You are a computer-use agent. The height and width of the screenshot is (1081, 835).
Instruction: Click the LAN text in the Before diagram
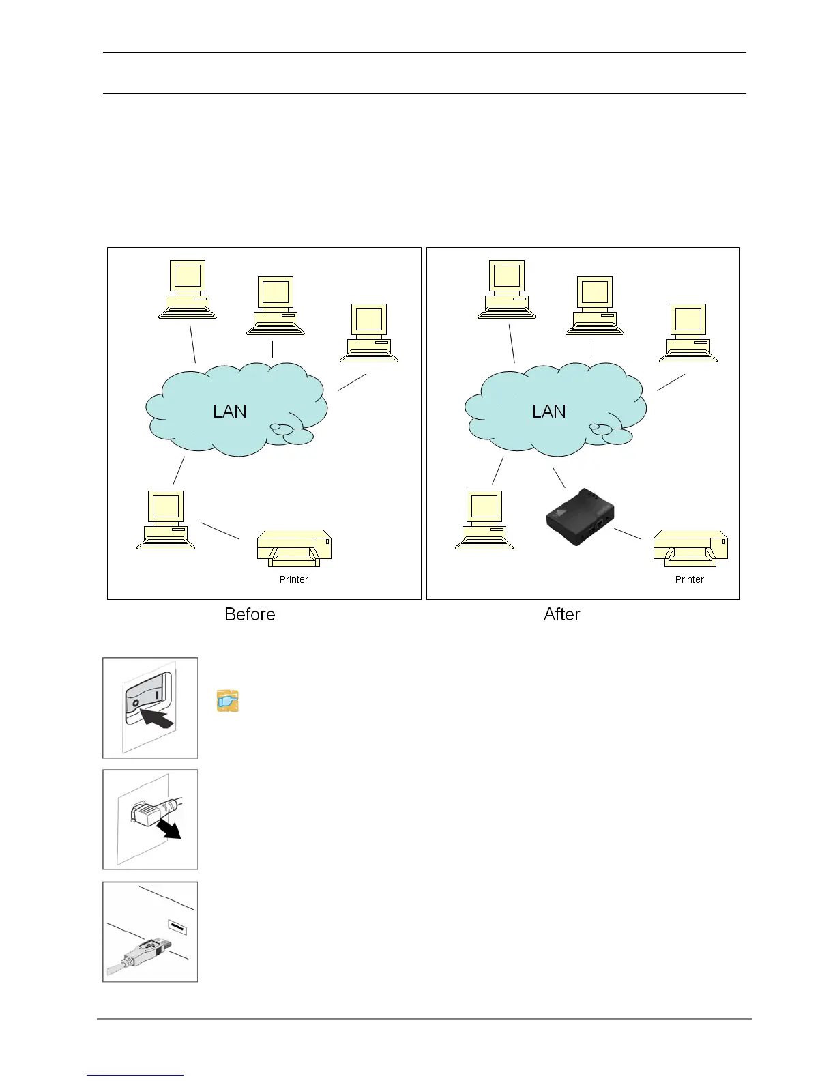coord(230,412)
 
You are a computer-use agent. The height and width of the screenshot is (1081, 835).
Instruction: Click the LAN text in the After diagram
coord(549,412)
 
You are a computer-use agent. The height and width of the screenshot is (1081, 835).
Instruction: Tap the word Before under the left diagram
coord(250,614)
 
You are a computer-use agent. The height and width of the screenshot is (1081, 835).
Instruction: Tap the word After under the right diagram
coord(561,614)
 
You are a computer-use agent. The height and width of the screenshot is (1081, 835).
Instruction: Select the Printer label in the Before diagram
coord(294,579)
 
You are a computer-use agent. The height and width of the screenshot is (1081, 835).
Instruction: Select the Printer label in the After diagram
coord(689,579)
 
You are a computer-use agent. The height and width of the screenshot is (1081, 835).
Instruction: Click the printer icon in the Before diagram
coord(294,548)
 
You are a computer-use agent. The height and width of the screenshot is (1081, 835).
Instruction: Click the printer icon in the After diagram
coord(690,548)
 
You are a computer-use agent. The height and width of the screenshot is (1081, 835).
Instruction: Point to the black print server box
coord(580,517)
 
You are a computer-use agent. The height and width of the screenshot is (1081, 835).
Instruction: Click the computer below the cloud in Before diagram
coord(166,520)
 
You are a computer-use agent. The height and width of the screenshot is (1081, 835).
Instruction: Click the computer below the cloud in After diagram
coord(484,520)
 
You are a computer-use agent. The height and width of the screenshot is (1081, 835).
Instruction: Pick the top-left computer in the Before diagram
coord(188,289)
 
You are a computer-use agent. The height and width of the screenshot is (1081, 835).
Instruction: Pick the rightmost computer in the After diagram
coord(688,333)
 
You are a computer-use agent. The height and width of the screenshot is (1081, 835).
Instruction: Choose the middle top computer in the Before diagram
coord(275,306)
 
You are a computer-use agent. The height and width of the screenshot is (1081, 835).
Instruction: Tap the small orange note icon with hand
coord(227,701)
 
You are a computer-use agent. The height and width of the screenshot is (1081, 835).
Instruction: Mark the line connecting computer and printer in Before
coord(220,531)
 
